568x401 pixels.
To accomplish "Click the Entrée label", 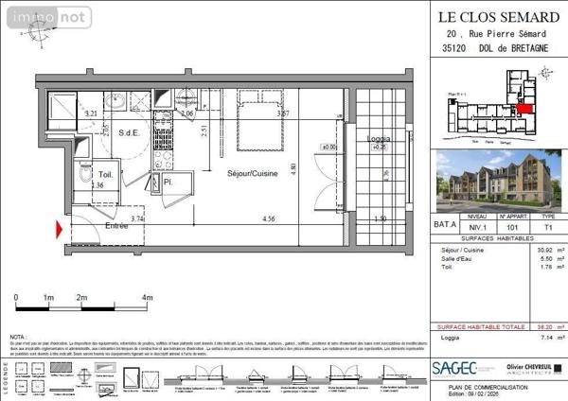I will pyautogui.click(x=115, y=226).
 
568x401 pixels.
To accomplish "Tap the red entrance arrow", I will pyautogui.click(x=62, y=228).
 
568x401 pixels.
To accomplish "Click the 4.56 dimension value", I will pyautogui.click(x=269, y=219).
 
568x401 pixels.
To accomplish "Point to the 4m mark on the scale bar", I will pyautogui.click(x=147, y=298).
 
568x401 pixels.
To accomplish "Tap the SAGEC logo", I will pyautogui.click(x=454, y=368).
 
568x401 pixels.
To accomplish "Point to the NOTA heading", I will pyautogui.click(x=18, y=337).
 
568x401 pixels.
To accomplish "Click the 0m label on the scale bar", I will pyautogui.click(x=17, y=298).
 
